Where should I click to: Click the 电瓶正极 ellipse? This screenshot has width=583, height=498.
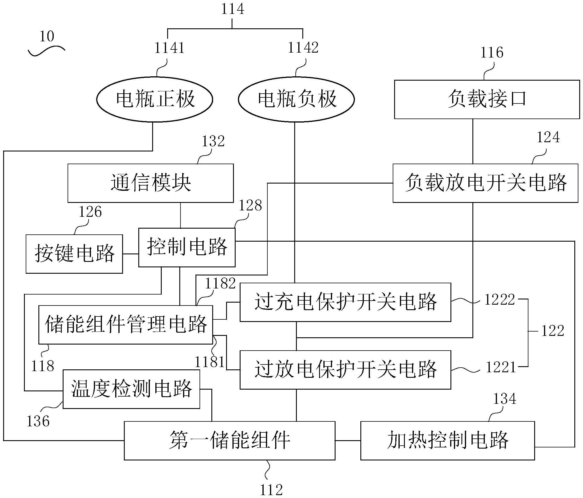[x=155, y=99]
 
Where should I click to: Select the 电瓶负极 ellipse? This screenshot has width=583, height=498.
[x=296, y=99]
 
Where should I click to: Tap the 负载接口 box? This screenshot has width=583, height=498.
[x=487, y=99]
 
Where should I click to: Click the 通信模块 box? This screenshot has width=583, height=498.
[x=150, y=183]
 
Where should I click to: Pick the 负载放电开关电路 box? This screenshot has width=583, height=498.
[x=485, y=183]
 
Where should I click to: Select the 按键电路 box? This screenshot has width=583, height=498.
[x=74, y=254]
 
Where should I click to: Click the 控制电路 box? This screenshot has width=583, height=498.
[x=187, y=247]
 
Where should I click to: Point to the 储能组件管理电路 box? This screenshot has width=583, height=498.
[x=126, y=325]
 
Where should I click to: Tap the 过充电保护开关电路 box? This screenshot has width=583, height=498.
[x=345, y=302]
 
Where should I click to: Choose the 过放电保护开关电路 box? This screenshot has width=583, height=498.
[x=345, y=370]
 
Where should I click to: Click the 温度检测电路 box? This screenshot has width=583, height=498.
[x=131, y=389]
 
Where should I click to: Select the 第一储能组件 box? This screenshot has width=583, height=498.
[x=230, y=440]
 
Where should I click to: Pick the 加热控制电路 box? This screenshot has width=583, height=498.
[x=448, y=440]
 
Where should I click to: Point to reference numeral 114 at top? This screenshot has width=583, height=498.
[x=232, y=9]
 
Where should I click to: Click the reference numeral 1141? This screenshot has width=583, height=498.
[x=169, y=48]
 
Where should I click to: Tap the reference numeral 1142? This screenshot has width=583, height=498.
[x=303, y=48]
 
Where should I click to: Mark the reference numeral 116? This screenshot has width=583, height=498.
[x=491, y=53]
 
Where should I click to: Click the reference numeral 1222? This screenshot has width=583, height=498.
[x=500, y=300]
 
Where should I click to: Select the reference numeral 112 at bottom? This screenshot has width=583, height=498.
[x=271, y=490]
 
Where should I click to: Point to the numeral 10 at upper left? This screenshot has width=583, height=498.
[x=47, y=37]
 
